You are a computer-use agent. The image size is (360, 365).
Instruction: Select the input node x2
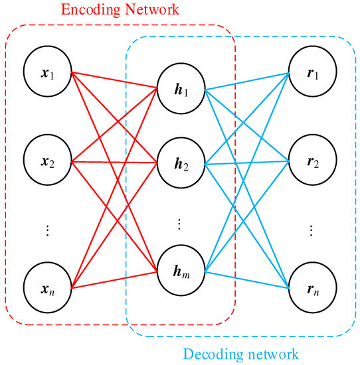click(46, 161)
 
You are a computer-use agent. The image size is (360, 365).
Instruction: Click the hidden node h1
click(180, 89)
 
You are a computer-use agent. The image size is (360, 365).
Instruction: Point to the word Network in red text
click(147, 11)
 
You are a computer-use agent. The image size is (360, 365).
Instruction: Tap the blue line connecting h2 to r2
click(246, 161)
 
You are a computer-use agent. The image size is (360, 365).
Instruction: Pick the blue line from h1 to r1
click(246, 80)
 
